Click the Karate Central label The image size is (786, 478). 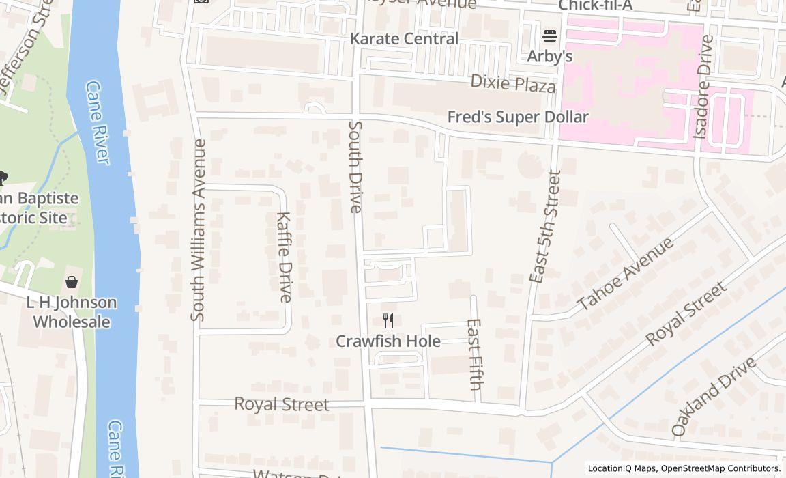click(x=404, y=39)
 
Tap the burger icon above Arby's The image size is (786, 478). click(x=550, y=36)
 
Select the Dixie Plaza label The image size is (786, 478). click(x=513, y=84)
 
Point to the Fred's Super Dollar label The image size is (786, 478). click(x=517, y=117)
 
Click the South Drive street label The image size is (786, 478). click(x=355, y=167)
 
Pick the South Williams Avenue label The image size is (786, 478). click(x=199, y=230)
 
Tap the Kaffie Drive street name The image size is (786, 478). click(x=284, y=257)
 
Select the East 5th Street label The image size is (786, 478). click(x=545, y=227)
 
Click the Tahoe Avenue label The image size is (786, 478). click(x=625, y=273)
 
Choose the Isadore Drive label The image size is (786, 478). click(x=703, y=87)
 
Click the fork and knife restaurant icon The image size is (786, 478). click(x=388, y=321)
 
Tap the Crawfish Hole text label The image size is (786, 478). click(x=388, y=341)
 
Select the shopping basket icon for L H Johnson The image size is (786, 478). click(x=72, y=282)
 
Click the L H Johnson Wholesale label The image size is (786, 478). click(x=72, y=312)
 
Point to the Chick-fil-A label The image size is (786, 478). click(x=596, y=5)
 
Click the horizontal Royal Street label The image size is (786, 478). click(x=281, y=404)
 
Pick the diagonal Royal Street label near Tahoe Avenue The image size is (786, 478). click(x=686, y=313)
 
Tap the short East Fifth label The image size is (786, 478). click(x=475, y=354)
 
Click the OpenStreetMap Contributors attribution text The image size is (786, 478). click(x=721, y=468)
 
